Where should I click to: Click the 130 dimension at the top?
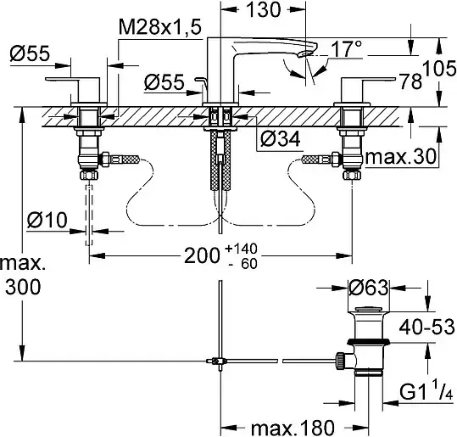click(264, 9)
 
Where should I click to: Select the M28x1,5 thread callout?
click(160, 28)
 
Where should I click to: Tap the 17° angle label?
click(346, 48)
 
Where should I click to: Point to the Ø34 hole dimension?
click(280, 138)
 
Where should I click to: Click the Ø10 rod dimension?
click(47, 220)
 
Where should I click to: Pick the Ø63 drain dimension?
click(368, 288)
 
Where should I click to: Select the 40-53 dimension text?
click(426, 327)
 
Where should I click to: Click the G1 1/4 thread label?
click(426, 391)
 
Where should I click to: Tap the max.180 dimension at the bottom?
click(293, 428)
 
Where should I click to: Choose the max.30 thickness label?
click(401, 157)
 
